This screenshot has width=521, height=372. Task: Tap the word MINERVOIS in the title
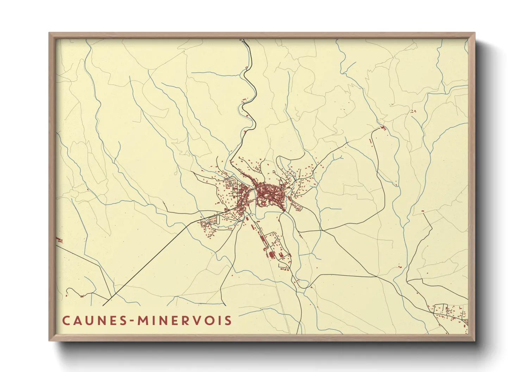tap(184, 320)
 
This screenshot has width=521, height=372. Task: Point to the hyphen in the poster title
tap(132, 321)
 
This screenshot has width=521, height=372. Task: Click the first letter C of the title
tap(66, 320)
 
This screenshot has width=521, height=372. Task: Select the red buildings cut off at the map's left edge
tap(59, 240)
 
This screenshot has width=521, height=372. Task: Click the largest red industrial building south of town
tap(271, 254)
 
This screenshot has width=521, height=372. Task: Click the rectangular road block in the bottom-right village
tap(440, 309)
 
